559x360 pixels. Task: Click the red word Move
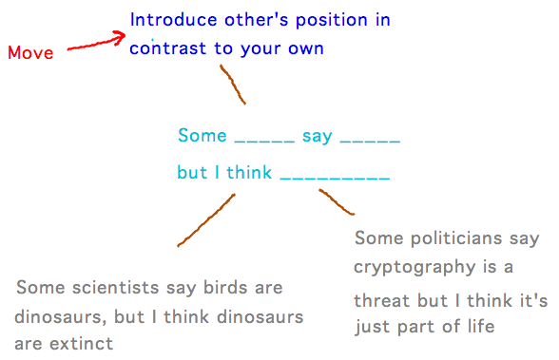[x=30, y=53]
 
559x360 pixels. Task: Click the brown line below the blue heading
[x=233, y=85]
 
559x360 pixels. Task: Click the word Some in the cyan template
[x=202, y=136]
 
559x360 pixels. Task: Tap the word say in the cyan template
[x=318, y=137]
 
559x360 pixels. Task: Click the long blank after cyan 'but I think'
[x=335, y=179]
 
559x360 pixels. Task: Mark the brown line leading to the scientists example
[x=205, y=220]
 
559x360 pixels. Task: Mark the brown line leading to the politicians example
[x=337, y=201]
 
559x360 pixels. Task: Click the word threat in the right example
[x=381, y=301]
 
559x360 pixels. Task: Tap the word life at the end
[x=479, y=328]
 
